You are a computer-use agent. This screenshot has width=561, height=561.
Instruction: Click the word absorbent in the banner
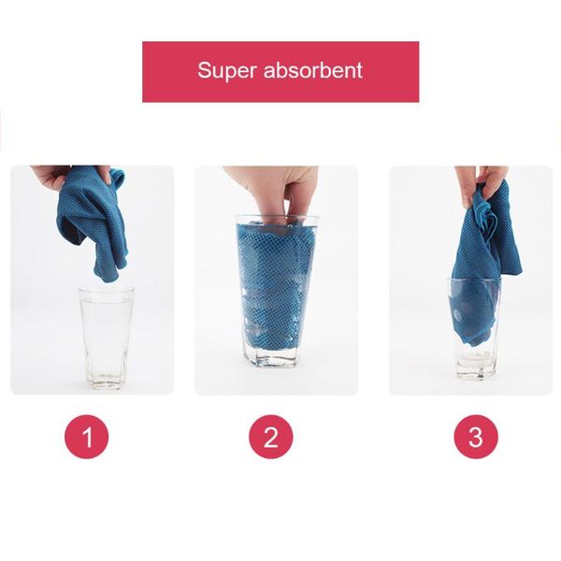[313, 70]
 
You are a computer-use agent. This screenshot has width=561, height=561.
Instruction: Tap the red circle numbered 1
[86, 437]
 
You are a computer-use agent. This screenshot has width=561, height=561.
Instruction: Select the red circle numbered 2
[271, 437]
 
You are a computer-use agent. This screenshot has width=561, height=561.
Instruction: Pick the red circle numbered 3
[476, 437]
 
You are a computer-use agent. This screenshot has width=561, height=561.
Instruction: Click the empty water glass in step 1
[107, 338]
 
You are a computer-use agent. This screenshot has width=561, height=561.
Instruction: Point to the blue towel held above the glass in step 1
[93, 222]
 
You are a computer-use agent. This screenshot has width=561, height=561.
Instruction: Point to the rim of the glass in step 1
[107, 290]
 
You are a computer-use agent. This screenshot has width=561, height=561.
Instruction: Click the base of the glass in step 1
[107, 381]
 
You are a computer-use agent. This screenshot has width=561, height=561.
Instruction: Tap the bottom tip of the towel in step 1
[108, 280]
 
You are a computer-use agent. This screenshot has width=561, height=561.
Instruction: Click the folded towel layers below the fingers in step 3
[483, 222]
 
